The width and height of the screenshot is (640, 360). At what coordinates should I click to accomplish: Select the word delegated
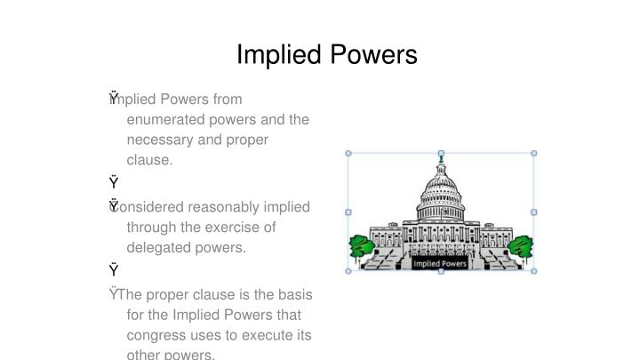159,248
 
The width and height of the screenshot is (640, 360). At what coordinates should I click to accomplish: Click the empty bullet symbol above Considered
114,183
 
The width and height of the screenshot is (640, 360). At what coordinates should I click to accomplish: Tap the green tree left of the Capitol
361,246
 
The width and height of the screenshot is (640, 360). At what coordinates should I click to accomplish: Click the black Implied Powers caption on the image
441,264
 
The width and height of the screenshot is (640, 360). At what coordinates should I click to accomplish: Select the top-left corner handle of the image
348,153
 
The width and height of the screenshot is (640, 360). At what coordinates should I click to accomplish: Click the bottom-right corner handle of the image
534,271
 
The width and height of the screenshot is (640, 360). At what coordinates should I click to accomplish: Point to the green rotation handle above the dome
441,161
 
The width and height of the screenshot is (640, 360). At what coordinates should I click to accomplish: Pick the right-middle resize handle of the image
534,212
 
